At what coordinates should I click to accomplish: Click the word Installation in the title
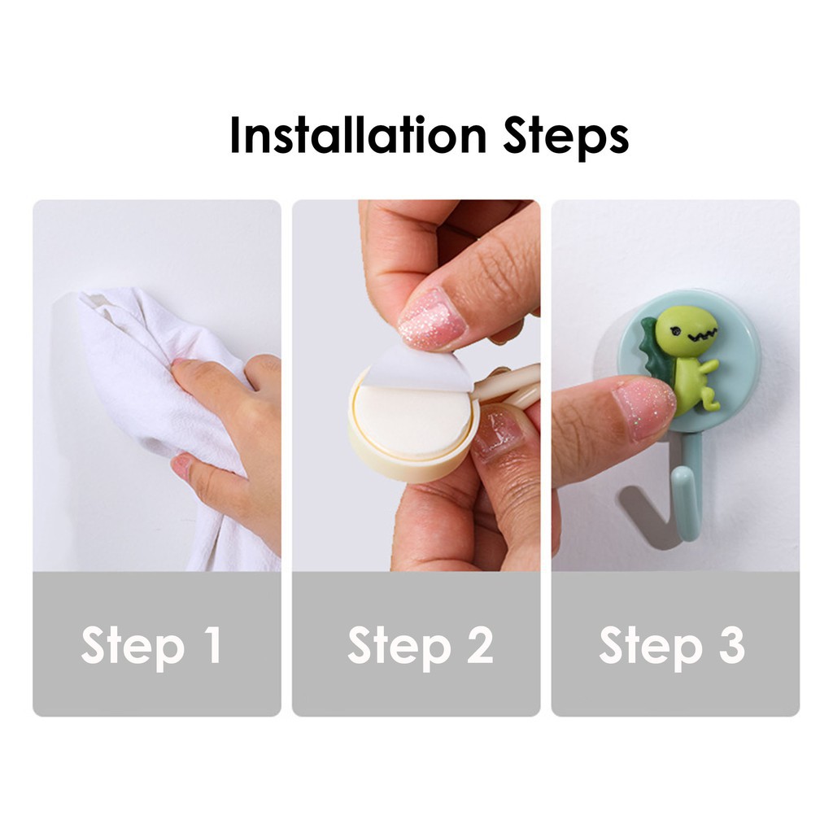[358, 135]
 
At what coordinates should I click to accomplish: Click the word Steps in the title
[566, 137]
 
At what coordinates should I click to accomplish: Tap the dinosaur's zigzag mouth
[702, 334]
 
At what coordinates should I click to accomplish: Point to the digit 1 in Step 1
[213, 643]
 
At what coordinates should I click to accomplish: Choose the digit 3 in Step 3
[731, 644]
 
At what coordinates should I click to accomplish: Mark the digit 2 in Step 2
[479, 644]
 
